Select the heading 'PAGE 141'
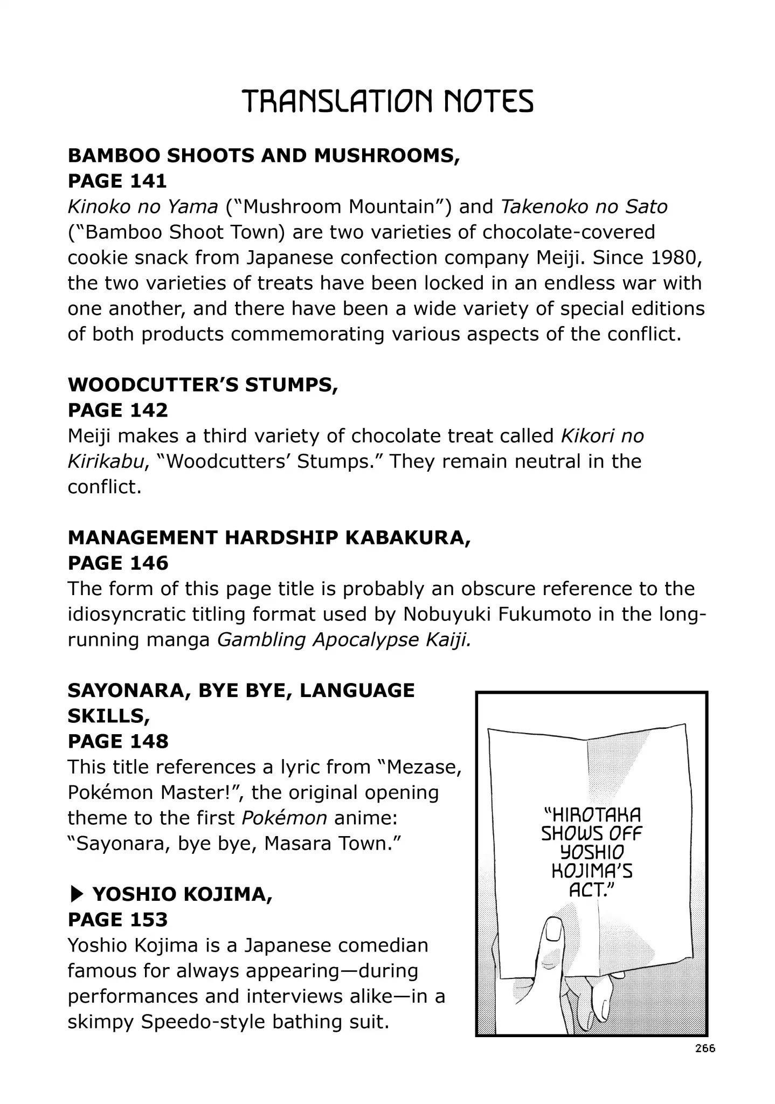click(117, 181)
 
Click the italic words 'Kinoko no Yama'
click(143, 206)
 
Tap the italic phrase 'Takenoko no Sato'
click(584, 206)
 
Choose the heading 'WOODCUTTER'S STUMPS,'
click(203, 385)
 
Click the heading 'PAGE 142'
click(117, 410)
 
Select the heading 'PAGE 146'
click(117, 563)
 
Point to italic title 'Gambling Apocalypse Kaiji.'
click(344, 639)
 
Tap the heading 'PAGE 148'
click(117, 741)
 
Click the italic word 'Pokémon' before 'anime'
click(284, 818)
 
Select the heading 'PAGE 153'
click(117, 920)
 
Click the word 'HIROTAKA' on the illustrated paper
click(591, 816)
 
